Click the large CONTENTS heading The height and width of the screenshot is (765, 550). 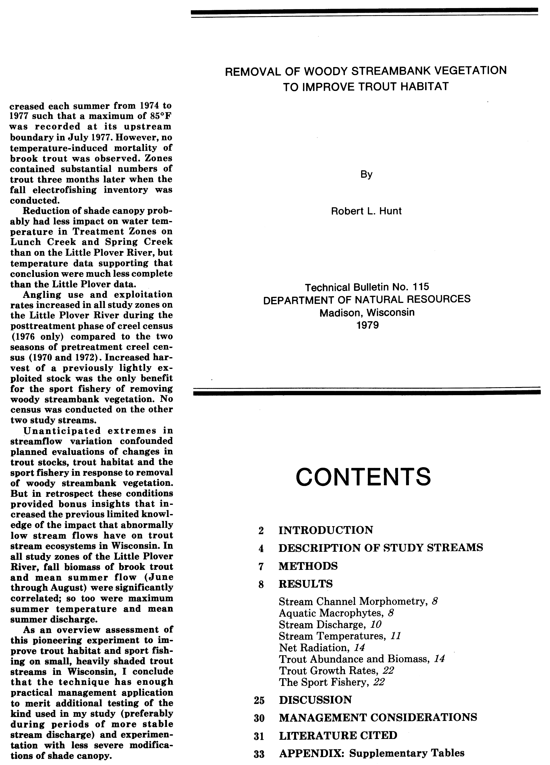[x=363, y=477]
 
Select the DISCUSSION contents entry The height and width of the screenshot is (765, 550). [x=315, y=700]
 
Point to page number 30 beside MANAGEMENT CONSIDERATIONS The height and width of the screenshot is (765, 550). [x=259, y=718]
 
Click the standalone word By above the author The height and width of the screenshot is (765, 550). [x=366, y=174]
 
